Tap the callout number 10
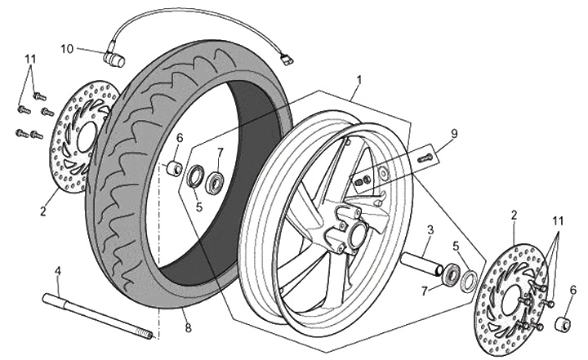click(x=67, y=49)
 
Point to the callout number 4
click(x=57, y=271)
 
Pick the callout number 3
click(x=431, y=230)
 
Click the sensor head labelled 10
click(x=114, y=60)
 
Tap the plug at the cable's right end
click(x=286, y=58)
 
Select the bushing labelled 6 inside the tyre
click(x=173, y=169)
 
